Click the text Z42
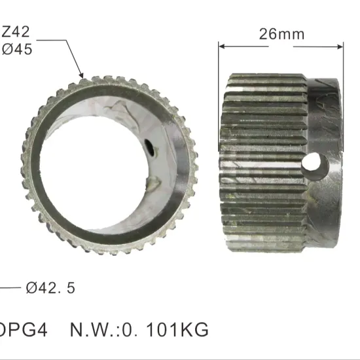coord(16,31)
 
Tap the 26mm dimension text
coord(281,34)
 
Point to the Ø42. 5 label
coord(50,287)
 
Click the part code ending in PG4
coord(19,329)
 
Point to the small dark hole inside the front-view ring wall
coord(149,149)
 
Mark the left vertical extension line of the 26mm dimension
coord(219,59)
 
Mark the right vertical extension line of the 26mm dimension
coord(344,59)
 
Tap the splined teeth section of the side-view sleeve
coord(262,164)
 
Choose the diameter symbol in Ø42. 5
coord(31,287)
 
